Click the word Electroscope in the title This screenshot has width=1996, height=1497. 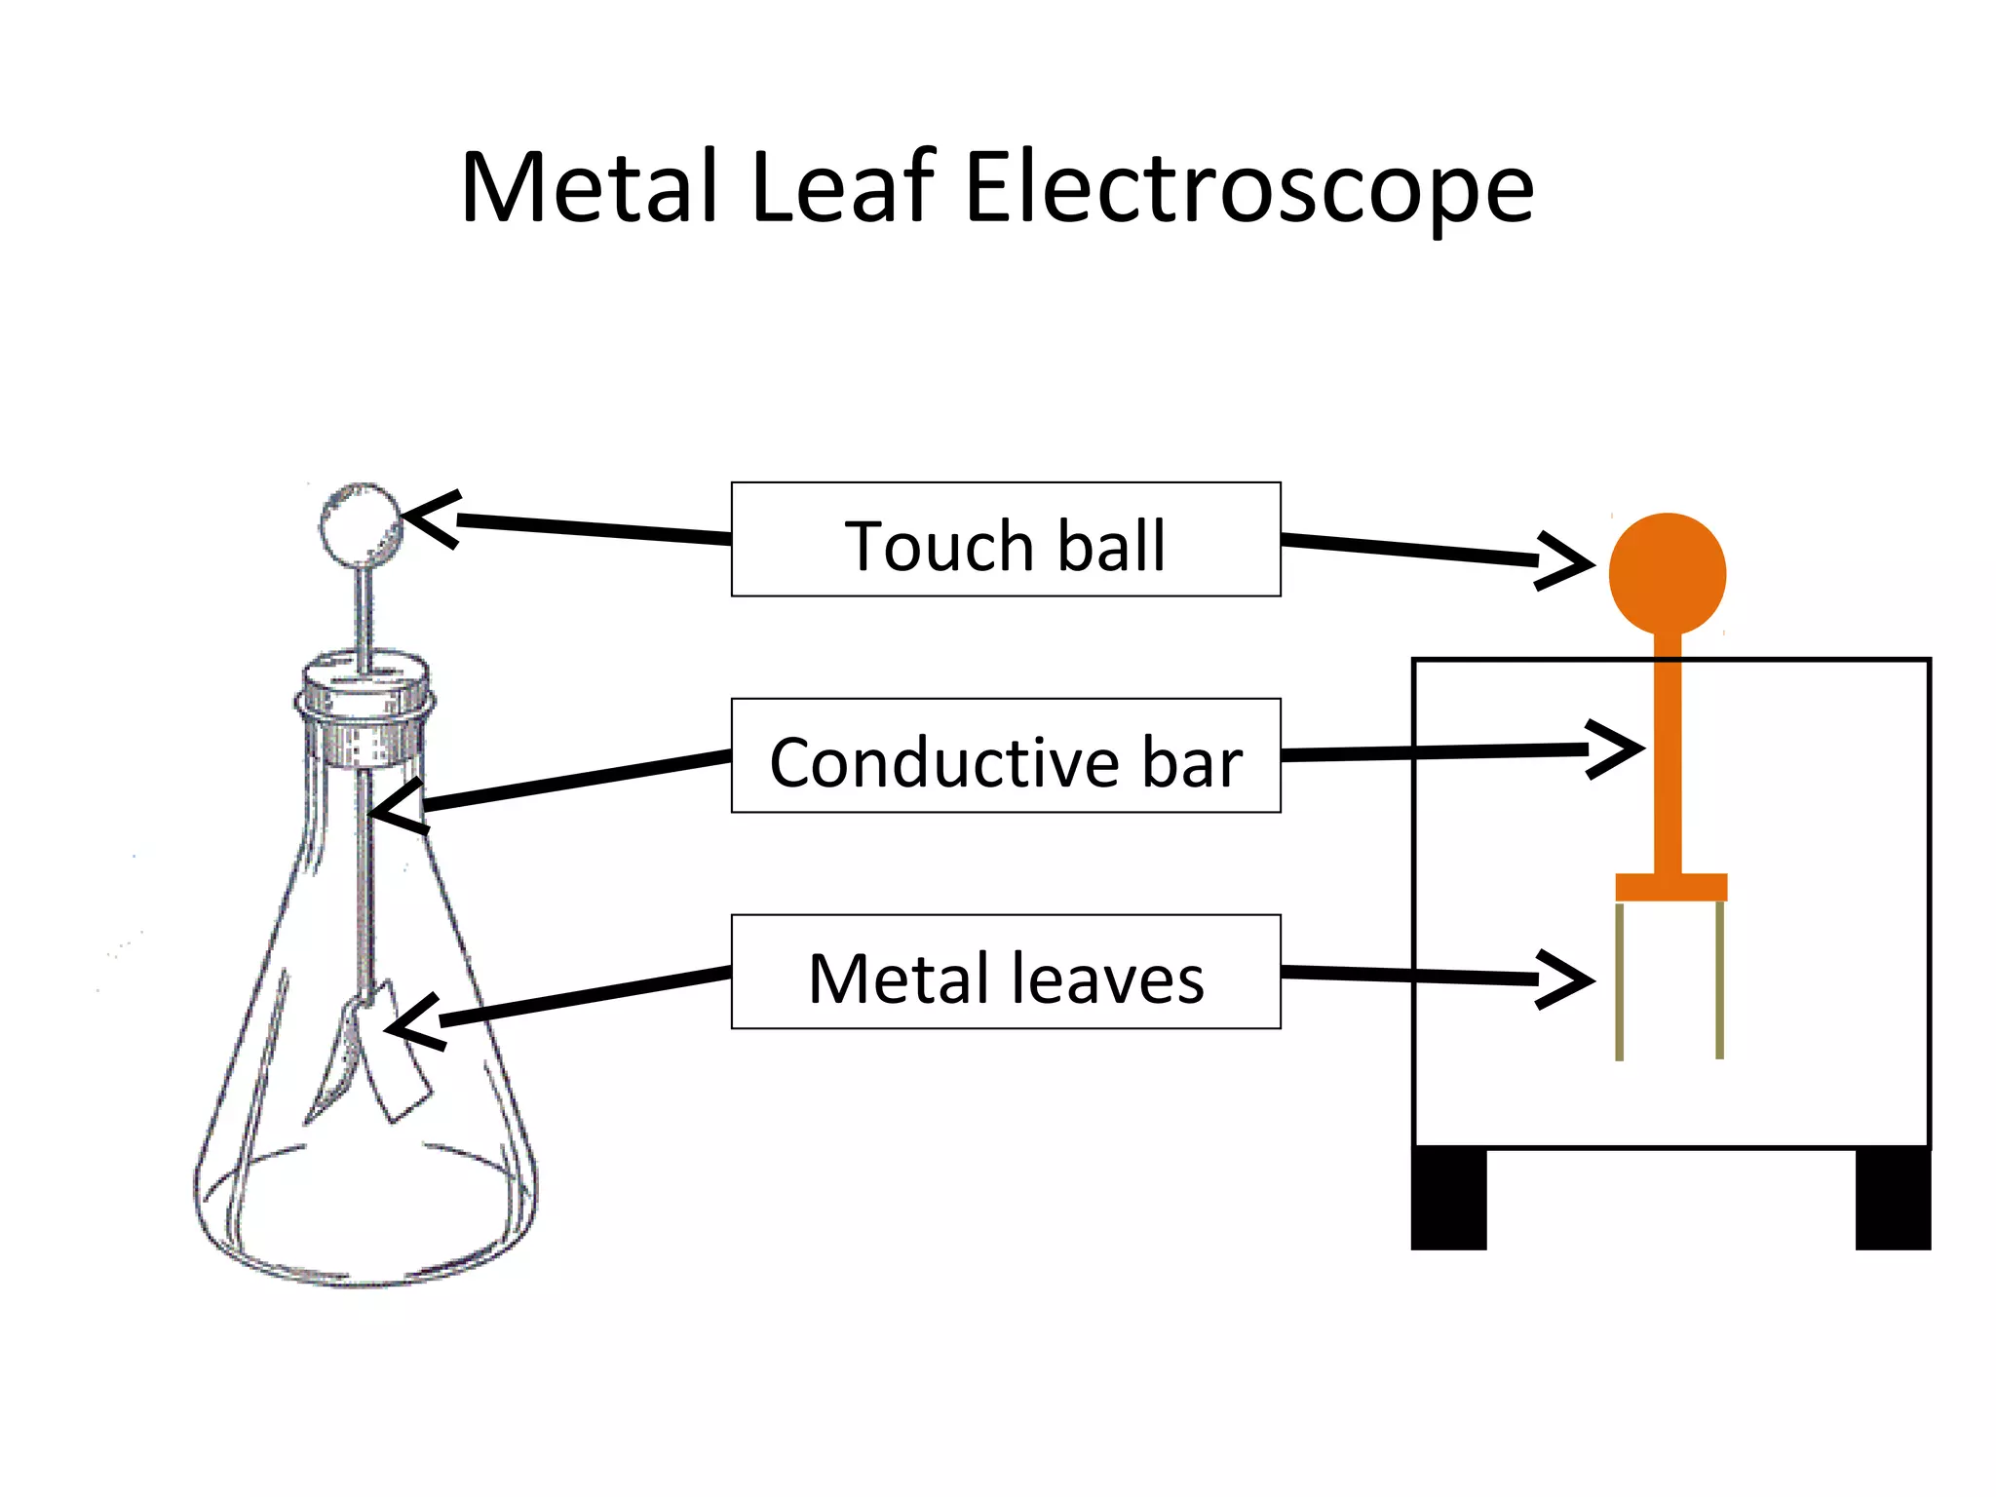1248,187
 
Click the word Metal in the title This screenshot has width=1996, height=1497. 591,187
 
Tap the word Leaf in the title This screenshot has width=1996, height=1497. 843,187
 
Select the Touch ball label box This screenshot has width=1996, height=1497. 1006,539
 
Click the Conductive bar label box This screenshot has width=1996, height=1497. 1006,755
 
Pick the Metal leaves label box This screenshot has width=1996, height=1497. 1006,972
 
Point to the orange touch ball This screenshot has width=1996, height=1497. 1668,573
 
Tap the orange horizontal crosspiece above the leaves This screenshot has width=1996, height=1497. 1671,887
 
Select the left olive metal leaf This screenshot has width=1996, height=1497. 1619,980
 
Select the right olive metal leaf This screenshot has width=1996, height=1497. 1720,979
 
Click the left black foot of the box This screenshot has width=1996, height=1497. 1449,1199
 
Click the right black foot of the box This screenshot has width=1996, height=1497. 1893,1199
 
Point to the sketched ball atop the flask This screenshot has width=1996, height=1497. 361,524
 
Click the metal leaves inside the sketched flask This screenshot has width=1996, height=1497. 375,1053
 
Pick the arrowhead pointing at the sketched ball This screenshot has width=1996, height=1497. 429,518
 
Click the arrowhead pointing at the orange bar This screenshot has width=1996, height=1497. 1618,748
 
